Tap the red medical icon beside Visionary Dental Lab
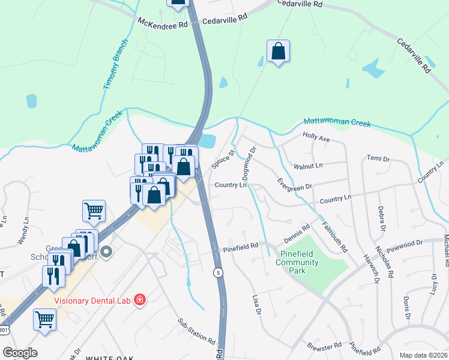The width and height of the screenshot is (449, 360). click(x=140, y=299)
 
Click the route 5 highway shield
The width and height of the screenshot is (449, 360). click(x=218, y=272)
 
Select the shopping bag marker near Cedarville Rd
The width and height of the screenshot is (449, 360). click(x=279, y=52)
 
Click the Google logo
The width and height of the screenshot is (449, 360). click(x=20, y=353)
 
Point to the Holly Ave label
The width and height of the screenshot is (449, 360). click(x=316, y=138)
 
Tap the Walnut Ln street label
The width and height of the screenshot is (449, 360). click(x=308, y=165)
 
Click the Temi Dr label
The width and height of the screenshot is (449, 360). click(x=378, y=159)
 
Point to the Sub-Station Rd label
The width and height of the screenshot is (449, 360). click(x=196, y=331)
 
